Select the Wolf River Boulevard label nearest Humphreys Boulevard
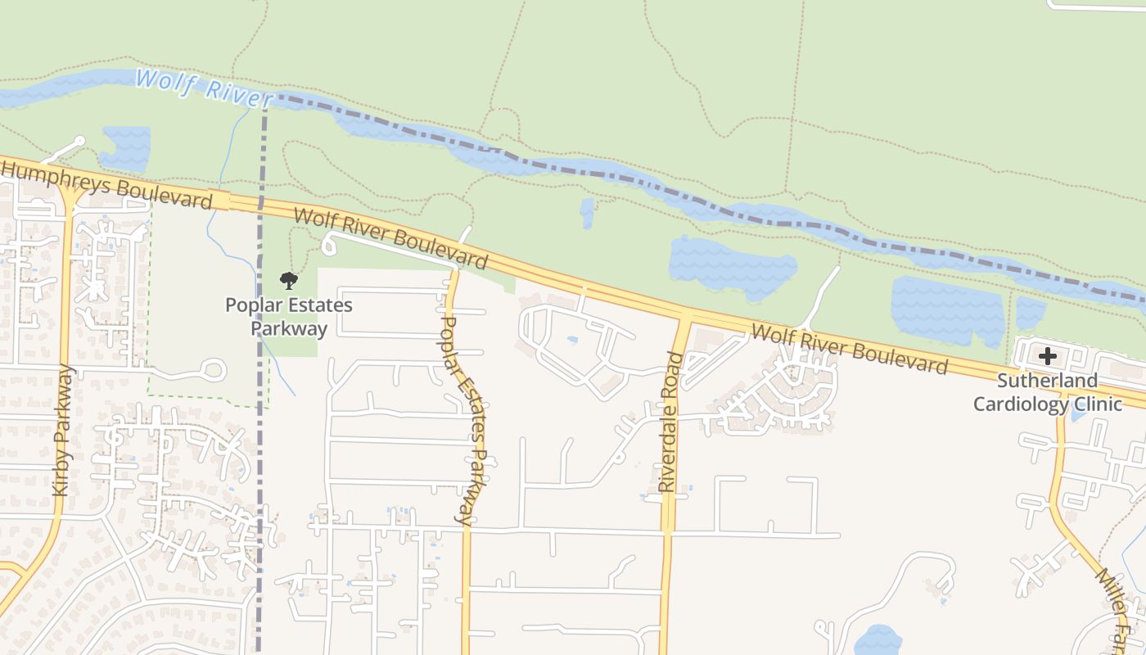click(x=390, y=239)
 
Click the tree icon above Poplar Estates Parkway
click(x=288, y=282)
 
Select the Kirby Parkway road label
click(x=64, y=430)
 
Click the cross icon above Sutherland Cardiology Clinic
click(x=1047, y=356)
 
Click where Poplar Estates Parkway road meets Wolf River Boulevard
click(x=455, y=267)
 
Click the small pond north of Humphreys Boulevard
click(x=126, y=147)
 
